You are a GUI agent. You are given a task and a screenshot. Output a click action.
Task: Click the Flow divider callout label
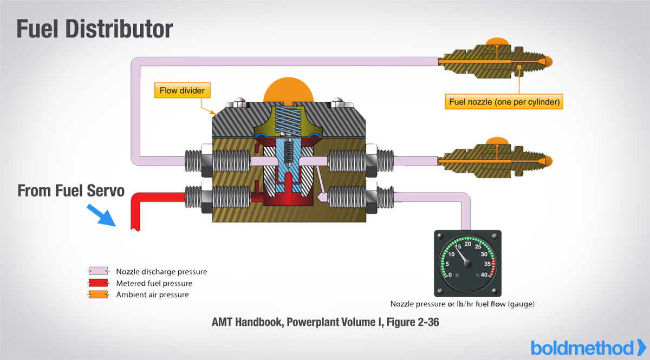(181, 90)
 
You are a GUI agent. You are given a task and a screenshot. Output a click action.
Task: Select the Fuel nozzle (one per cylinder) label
(504, 101)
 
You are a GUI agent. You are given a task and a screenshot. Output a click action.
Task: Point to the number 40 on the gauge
(484, 274)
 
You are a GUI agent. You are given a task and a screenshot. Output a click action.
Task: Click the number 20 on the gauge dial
(468, 244)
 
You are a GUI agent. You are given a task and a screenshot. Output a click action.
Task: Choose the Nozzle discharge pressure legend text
(161, 272)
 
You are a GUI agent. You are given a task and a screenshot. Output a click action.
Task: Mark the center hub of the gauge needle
(469, 264)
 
